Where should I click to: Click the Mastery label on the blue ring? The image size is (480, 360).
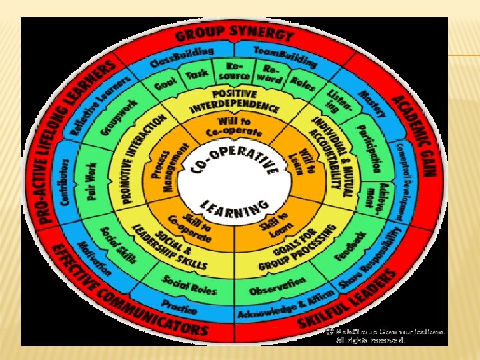pos(373,103)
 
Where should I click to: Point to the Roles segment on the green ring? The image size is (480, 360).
pos(303,83)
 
